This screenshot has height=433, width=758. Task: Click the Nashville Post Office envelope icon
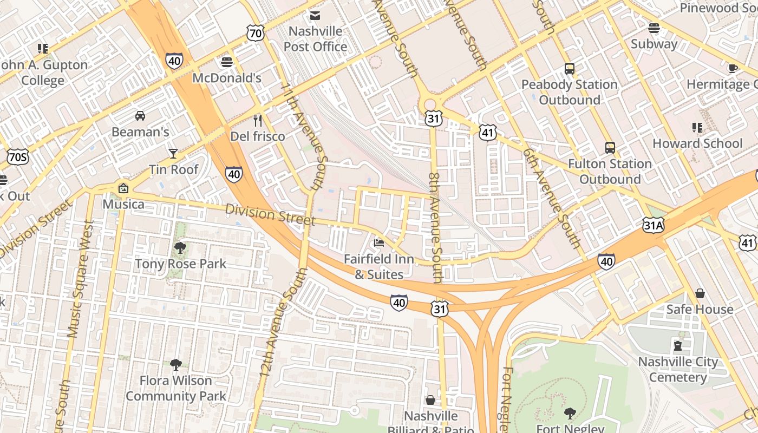(315, 15)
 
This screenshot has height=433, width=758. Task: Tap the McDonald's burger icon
(227, 62)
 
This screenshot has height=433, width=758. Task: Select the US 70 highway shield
(256, 34)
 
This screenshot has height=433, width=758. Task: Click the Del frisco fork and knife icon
(258, 120)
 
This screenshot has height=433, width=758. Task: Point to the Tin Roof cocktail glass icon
(173, 153)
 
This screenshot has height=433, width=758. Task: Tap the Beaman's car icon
(140, 115)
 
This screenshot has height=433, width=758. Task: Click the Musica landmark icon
(123, 188)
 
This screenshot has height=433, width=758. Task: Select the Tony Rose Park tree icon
(180, 248)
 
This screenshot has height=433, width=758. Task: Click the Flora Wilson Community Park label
(176, 388)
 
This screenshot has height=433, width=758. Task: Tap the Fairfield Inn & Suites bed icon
(379, 243)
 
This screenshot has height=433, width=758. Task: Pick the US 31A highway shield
(654, 225)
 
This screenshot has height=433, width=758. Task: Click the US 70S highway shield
(18, 158)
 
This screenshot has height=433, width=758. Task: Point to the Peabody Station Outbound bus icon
(569, 69)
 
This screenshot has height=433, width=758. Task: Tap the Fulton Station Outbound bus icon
(610, 148)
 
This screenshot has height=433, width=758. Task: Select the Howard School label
(697, 143)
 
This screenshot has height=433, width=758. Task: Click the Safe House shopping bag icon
(700, 293)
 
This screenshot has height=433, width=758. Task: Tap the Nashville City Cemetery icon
(677, 345)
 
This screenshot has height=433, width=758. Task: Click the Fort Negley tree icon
(570, 414)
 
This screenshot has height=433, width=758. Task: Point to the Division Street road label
(270, 214)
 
